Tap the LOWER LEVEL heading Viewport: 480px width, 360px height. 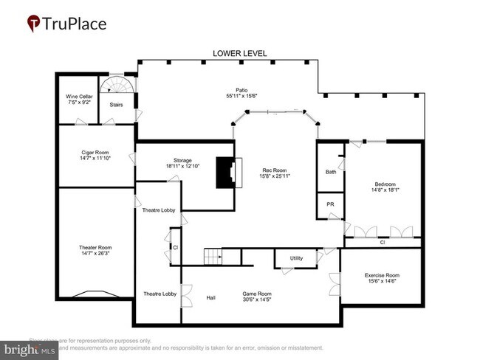239,54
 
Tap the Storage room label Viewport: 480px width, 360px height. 182,160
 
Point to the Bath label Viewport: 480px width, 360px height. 331,172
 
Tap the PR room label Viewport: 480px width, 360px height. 330,204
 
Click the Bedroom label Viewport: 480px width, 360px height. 385,184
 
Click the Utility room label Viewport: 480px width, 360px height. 296,258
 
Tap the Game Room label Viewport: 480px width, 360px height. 257,294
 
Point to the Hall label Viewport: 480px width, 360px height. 210,297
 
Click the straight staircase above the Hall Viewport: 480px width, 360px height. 213,257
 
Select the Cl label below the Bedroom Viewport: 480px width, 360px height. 382,242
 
